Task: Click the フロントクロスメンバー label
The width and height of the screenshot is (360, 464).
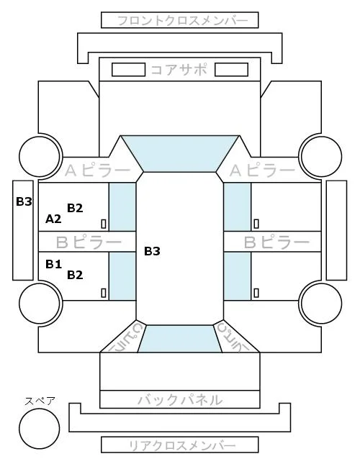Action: [182, 21]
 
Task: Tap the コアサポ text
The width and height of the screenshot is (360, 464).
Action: [179, 70]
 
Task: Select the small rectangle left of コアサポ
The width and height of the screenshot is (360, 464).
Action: [128, 70]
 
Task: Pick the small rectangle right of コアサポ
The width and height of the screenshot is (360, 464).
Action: [231, 70]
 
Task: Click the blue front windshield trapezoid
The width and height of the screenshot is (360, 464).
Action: [180, 153]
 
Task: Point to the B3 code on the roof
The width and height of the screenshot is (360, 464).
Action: [152, 251]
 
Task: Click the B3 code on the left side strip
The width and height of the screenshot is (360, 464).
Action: [24, 201]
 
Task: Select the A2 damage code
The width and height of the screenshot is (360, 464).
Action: [53, 219]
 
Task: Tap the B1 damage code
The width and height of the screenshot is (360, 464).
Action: [53, 264]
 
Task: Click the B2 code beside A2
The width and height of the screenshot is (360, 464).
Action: [75, 208]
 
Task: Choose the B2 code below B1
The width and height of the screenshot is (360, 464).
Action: [75, 275]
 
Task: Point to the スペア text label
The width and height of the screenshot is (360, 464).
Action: [40, 401]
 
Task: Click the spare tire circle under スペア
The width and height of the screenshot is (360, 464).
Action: [40, 429]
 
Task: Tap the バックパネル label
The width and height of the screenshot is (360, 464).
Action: [180, 400]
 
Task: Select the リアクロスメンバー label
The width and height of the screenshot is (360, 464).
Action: [182, 445]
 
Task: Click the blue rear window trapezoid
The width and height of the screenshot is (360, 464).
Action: [180, 339]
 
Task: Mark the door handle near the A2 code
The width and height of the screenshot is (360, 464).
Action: [104, 224]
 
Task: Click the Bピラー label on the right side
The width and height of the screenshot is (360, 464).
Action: [276, 242]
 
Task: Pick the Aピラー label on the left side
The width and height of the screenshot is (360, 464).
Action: [97, 170]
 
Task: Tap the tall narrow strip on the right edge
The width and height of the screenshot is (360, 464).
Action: [336, 230]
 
